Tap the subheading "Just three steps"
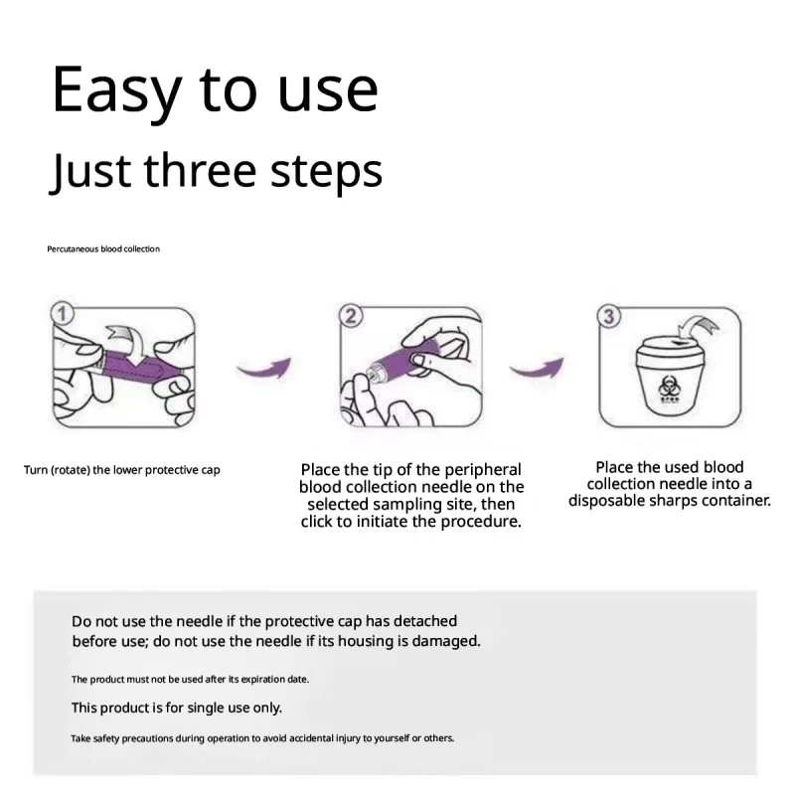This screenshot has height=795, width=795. tap(216, 171)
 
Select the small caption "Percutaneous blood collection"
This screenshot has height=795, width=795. tap(103, 249)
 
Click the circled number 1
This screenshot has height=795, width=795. tap(62, 314)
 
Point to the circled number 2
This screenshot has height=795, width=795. tap(351, 316)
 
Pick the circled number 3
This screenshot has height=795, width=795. tap(609, 316)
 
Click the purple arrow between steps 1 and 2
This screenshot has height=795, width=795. tap(264, 367)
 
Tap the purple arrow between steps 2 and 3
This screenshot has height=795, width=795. tap(537, 367)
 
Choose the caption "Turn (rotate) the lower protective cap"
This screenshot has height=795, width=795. tap(121, 470)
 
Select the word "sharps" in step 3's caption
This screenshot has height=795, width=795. tap(676, 501)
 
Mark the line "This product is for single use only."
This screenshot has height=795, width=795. tap(177, 708)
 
